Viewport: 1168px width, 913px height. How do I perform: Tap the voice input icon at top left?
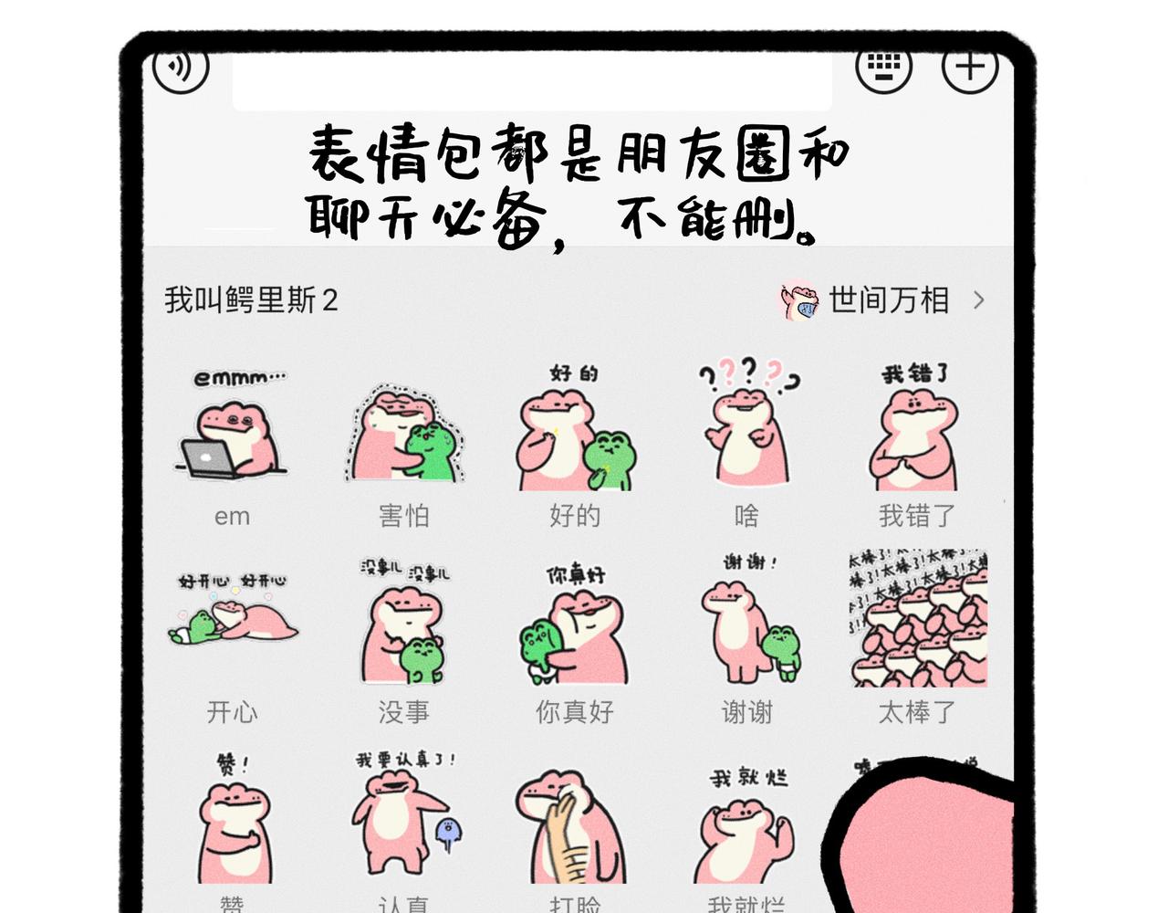[181, 66]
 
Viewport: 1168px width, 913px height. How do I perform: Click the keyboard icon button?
[882, 67]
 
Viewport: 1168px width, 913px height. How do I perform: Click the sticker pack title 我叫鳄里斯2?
[251, 300]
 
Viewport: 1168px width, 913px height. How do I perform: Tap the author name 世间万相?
[889, 300]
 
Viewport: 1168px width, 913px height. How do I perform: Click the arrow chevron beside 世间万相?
[979, 300]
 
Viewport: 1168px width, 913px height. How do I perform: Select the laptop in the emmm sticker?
[210, 457]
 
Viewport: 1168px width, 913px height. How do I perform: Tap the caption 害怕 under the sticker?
[403, 516]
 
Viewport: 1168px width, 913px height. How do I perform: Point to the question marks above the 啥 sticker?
[748, 373]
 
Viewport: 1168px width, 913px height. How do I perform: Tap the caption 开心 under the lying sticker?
[232, 712]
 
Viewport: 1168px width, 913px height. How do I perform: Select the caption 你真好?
[575, 712]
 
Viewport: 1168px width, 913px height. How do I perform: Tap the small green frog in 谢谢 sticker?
[781, 650]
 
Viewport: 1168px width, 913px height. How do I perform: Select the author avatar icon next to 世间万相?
[799, 300]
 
